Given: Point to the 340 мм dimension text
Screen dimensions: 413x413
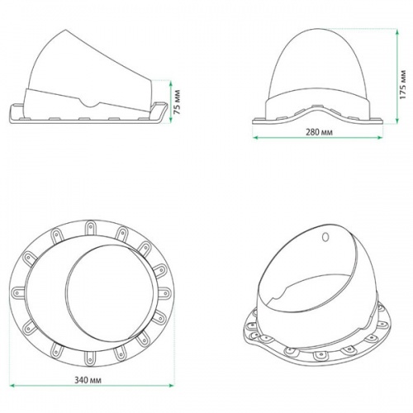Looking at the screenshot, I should coord(88,382).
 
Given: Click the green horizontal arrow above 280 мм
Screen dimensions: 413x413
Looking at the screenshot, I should coord(319,139).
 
